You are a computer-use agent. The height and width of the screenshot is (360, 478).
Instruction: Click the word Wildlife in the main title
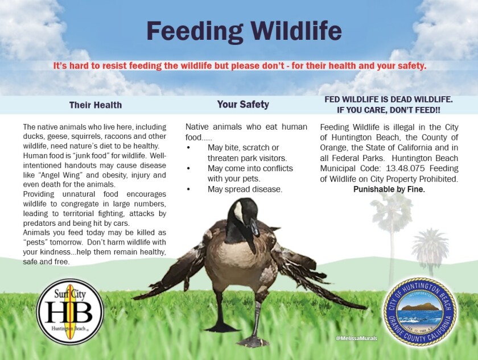click(x=296, y=31)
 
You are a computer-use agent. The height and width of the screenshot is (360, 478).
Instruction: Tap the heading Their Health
click(x=96, y=105)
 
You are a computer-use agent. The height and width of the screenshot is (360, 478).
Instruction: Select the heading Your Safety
click(x=243, y=105)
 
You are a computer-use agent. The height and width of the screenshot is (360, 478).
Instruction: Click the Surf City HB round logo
click(x=70, y=312)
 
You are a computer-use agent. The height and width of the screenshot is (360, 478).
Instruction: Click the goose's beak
click(x=254, y=227)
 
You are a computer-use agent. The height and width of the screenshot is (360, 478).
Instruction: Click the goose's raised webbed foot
click(x=253, y=341)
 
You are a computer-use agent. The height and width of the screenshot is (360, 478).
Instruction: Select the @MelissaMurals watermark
click(x=356, y=338)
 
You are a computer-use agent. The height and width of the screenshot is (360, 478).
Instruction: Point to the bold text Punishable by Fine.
click(x=389, y=189)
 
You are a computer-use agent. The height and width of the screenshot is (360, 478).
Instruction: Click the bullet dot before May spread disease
click(x=189, y=189)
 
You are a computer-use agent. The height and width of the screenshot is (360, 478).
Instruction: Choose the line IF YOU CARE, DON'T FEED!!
click(x=388, y=110)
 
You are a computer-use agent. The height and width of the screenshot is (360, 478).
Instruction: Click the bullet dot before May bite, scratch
click(x=189, y=148)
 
